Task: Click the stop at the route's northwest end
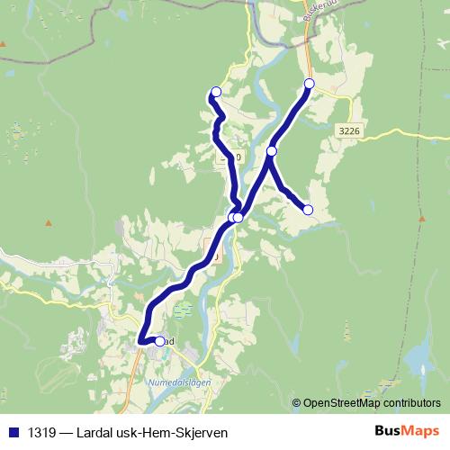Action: point(216,91)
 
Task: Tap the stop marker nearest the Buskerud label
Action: point(310,84)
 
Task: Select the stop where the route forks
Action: point(272,151)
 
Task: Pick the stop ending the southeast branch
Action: point(308,210)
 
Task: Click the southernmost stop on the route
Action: point(160,341)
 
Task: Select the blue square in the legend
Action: point(13,433)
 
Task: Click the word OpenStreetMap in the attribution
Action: point(332,404)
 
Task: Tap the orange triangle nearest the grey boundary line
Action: point(4,42)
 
